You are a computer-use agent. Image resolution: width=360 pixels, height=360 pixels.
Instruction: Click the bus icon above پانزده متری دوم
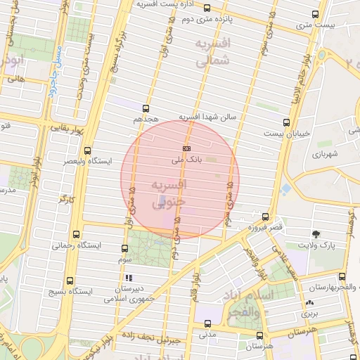tap(207, 8)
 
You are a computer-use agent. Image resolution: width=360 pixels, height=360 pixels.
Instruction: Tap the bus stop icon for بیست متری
tap(316, 14)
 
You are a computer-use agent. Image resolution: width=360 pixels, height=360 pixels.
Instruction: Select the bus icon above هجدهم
tap(146, 108)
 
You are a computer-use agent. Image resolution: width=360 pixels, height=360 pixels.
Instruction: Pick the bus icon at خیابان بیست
tap(285, 122)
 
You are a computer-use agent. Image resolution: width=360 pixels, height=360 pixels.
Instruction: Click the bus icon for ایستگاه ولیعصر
tap(87, 150)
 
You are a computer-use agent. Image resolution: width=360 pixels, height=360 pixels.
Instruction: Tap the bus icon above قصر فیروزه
tap(265, 217)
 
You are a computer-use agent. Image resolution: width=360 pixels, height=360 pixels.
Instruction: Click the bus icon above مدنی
tap(207, 323)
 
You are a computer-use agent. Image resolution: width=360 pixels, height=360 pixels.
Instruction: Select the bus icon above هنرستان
tap(260, 335)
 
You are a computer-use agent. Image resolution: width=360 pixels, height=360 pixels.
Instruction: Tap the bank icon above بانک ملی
tap(187, 149)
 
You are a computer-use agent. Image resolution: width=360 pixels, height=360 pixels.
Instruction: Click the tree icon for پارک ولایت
tap(316, 234)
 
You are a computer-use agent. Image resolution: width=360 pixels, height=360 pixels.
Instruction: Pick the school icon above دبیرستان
tap(128, 278)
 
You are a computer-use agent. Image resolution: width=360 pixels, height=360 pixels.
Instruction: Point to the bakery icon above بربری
tap(309, 303)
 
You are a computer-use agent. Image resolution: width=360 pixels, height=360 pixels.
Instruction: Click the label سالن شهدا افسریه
tap(210, 115)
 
